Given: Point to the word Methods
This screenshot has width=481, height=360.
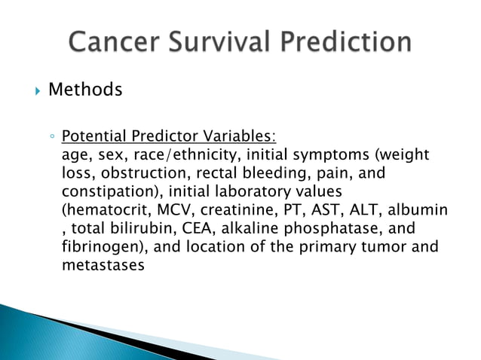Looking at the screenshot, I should tap(85, 90).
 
